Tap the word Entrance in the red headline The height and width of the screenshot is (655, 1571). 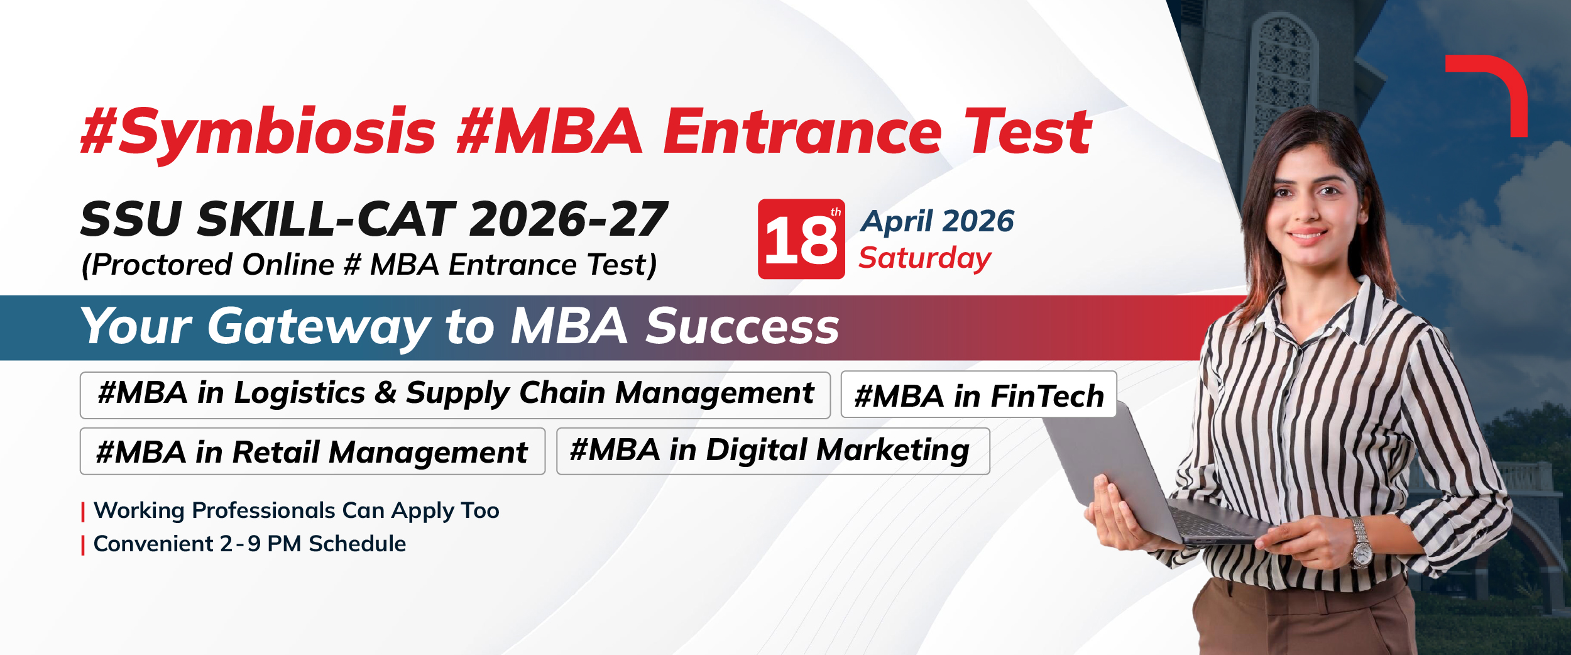tap(803, 131)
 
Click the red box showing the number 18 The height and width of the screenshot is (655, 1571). tap(801, 239)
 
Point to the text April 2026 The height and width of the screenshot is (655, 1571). tap(937, 222)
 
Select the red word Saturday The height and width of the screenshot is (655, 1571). tap(925, 258)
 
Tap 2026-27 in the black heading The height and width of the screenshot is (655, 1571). tap(568, 219)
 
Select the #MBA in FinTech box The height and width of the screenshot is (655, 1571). tap(978, 394)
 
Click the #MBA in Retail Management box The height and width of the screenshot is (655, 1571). tap(312, 451)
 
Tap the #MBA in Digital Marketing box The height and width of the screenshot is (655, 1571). tap(773, 451)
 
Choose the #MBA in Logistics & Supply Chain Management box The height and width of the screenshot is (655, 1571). tap(455, 395)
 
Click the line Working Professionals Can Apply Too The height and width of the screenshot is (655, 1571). tap(296, 511)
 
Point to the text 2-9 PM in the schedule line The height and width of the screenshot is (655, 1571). tap(260, 544)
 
